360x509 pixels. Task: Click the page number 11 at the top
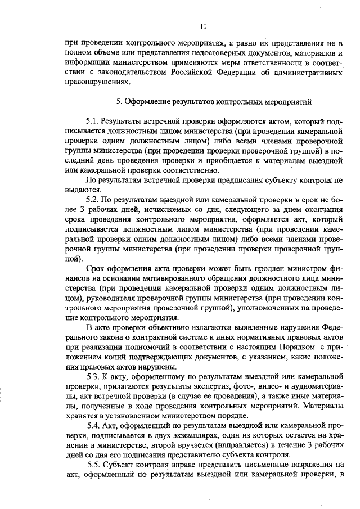[x=203, y=25]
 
